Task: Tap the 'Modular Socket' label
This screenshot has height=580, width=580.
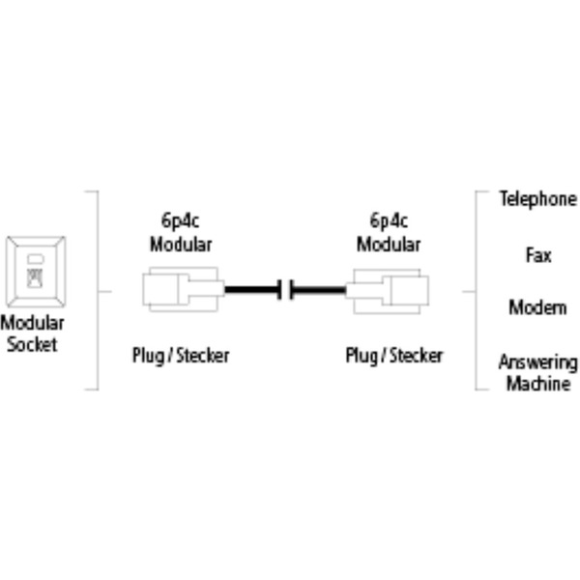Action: tap(32, 333)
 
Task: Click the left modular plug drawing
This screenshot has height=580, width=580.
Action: tap(182, 289)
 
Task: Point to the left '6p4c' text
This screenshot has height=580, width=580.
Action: tap(181, 219)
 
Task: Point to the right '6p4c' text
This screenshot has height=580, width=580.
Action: tap(389, 219)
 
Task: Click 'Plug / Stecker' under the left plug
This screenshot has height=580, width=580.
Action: tap(181, 356)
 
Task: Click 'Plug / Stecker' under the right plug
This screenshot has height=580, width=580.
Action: tap(394, 356)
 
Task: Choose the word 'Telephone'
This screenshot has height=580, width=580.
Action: tap(537, 199)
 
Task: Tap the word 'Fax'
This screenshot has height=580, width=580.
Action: tap(538, 255)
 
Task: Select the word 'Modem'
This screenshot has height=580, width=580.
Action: tap(537, 307)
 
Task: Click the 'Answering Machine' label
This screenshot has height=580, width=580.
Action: tap(537, 373)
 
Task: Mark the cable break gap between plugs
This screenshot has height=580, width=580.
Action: tap(285, 289)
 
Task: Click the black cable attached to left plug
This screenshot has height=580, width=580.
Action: tap(250, 289)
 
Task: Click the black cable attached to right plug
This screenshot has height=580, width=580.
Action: tap(319, 289)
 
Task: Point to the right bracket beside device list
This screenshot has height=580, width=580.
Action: tap(477, 290)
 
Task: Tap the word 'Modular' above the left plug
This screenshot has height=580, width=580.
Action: tap(181, 243)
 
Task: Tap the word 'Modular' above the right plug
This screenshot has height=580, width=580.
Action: tap(389, 243)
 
